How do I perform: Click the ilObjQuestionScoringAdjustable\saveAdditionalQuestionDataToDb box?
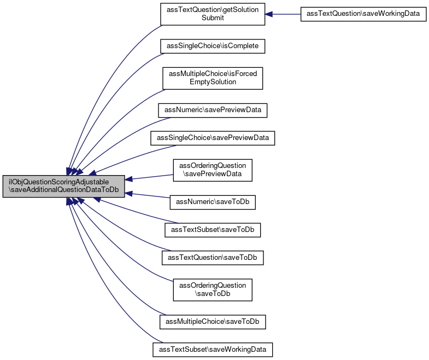pos(64,187)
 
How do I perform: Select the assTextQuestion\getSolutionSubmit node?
pos(213,14)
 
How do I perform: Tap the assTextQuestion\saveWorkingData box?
pos(363,14)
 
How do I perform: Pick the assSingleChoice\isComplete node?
pos(213,47)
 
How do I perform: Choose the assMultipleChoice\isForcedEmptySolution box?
pos(213,78)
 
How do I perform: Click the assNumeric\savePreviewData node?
pos(213,111)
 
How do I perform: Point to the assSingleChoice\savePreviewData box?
pos(213,138)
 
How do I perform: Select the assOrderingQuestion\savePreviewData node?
pos(213,170)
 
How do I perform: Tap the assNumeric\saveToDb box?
pos(213,202)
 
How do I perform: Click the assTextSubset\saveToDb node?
pos(213,230)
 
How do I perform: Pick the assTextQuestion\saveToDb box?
pos(213,258)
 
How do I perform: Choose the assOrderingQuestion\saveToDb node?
pos(213,290)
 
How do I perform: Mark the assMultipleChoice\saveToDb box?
pos(213,322)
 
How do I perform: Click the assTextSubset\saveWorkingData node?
pos(213,350)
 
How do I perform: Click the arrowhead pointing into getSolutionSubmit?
pos(268,14)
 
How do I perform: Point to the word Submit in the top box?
pos(213,18)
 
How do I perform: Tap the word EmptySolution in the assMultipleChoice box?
pos(213,82)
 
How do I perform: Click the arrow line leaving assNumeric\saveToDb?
pos(147,195)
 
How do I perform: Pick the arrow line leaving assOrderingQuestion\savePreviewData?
pos(149,177)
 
